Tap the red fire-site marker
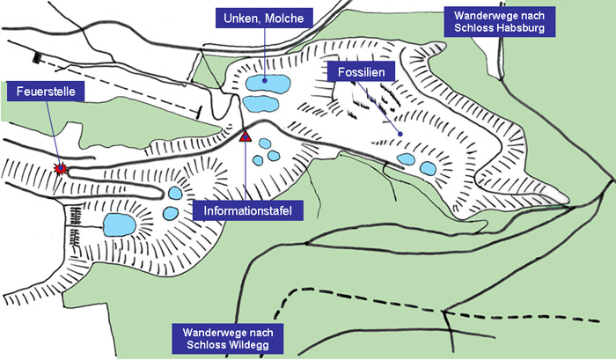point(61,167)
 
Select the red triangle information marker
point(246,136)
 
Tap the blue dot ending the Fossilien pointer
point(400,134)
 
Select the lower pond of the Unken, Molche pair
point(260,104)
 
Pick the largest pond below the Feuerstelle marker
point(119,224)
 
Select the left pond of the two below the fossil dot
point(406,160)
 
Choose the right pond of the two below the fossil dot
point(428,168)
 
